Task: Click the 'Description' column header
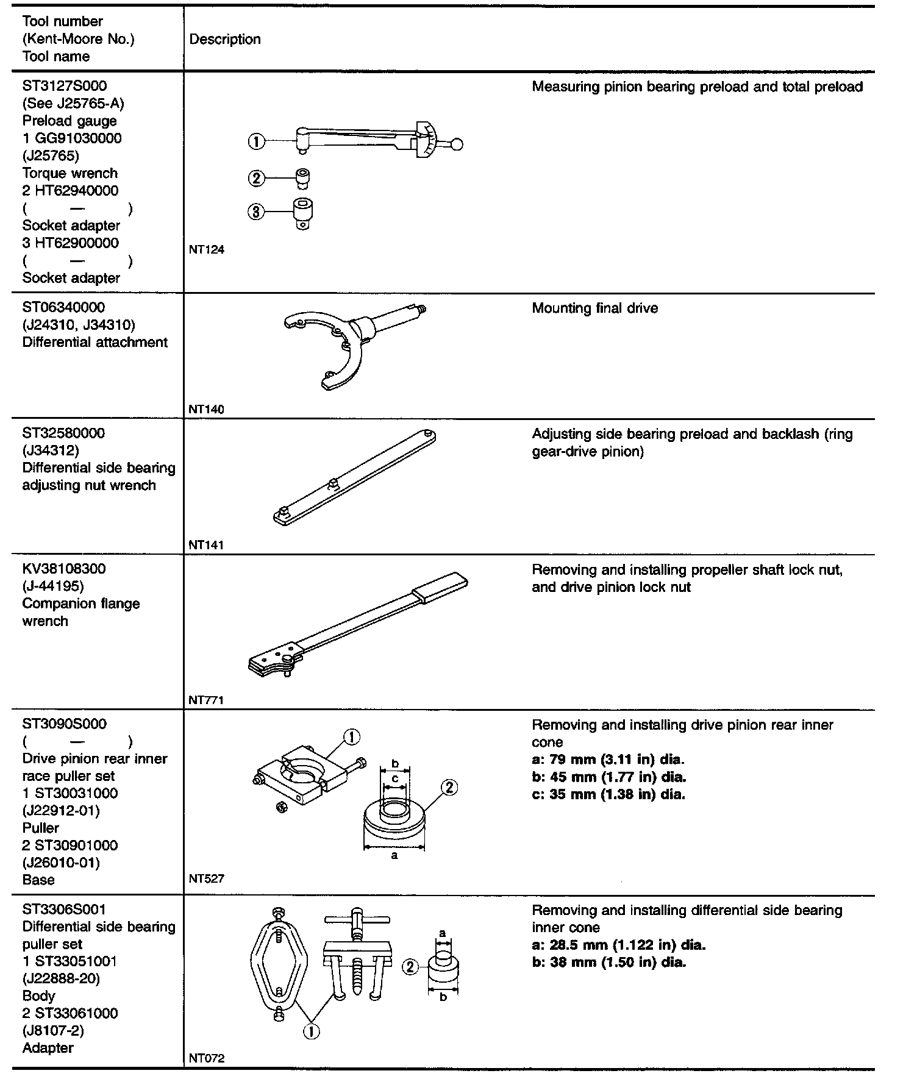[x=225, y=40]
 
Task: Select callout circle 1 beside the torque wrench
[x=256, y=142]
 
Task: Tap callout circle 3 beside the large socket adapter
[x=256, y=212]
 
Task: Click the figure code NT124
[x=206, y=249]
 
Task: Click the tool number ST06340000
[x=63, y=307]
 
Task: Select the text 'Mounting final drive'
[x=594, y=308]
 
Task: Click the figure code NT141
[x=206, y=545]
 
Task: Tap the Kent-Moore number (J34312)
[x=51, y=450]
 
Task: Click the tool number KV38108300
[x=64, y=569]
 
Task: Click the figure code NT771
[x=206, y=700]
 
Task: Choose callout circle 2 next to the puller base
[x=448, y=788]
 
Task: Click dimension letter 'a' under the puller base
[x=394, y=855]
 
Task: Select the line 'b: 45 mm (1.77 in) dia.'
[x=608, y=777]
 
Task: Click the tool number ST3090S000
[x=65, y=724]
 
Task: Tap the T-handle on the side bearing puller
[x=356, y=919]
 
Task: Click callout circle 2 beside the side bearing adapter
[x=410, y=967]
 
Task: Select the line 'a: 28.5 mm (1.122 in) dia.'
[x=618, y=945]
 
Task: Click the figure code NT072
[x=206, y=1059]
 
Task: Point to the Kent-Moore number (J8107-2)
[x=53, y=1031]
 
